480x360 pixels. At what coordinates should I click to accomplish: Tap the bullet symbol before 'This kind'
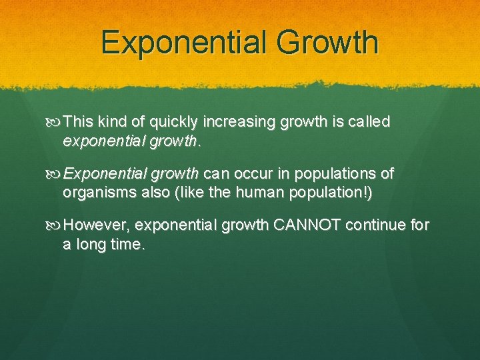click(x=56, y=123)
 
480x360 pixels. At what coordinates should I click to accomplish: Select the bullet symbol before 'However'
click(x=56, y=225)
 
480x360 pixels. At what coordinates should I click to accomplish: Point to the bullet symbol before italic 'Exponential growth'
click(x=56, y=174)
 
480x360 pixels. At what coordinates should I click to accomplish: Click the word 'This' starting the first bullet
click(x=79, y=122)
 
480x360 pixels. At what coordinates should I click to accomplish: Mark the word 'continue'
click(x=378, y=225)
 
